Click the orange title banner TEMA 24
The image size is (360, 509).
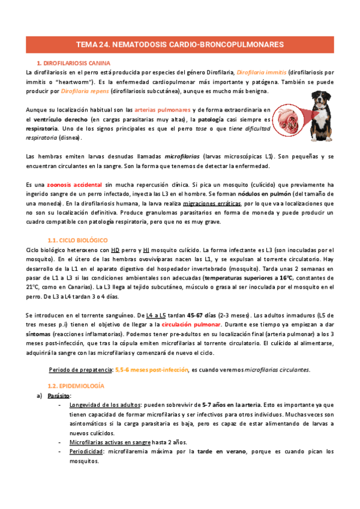point(180,44)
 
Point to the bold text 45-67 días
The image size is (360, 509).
point(202,315)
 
